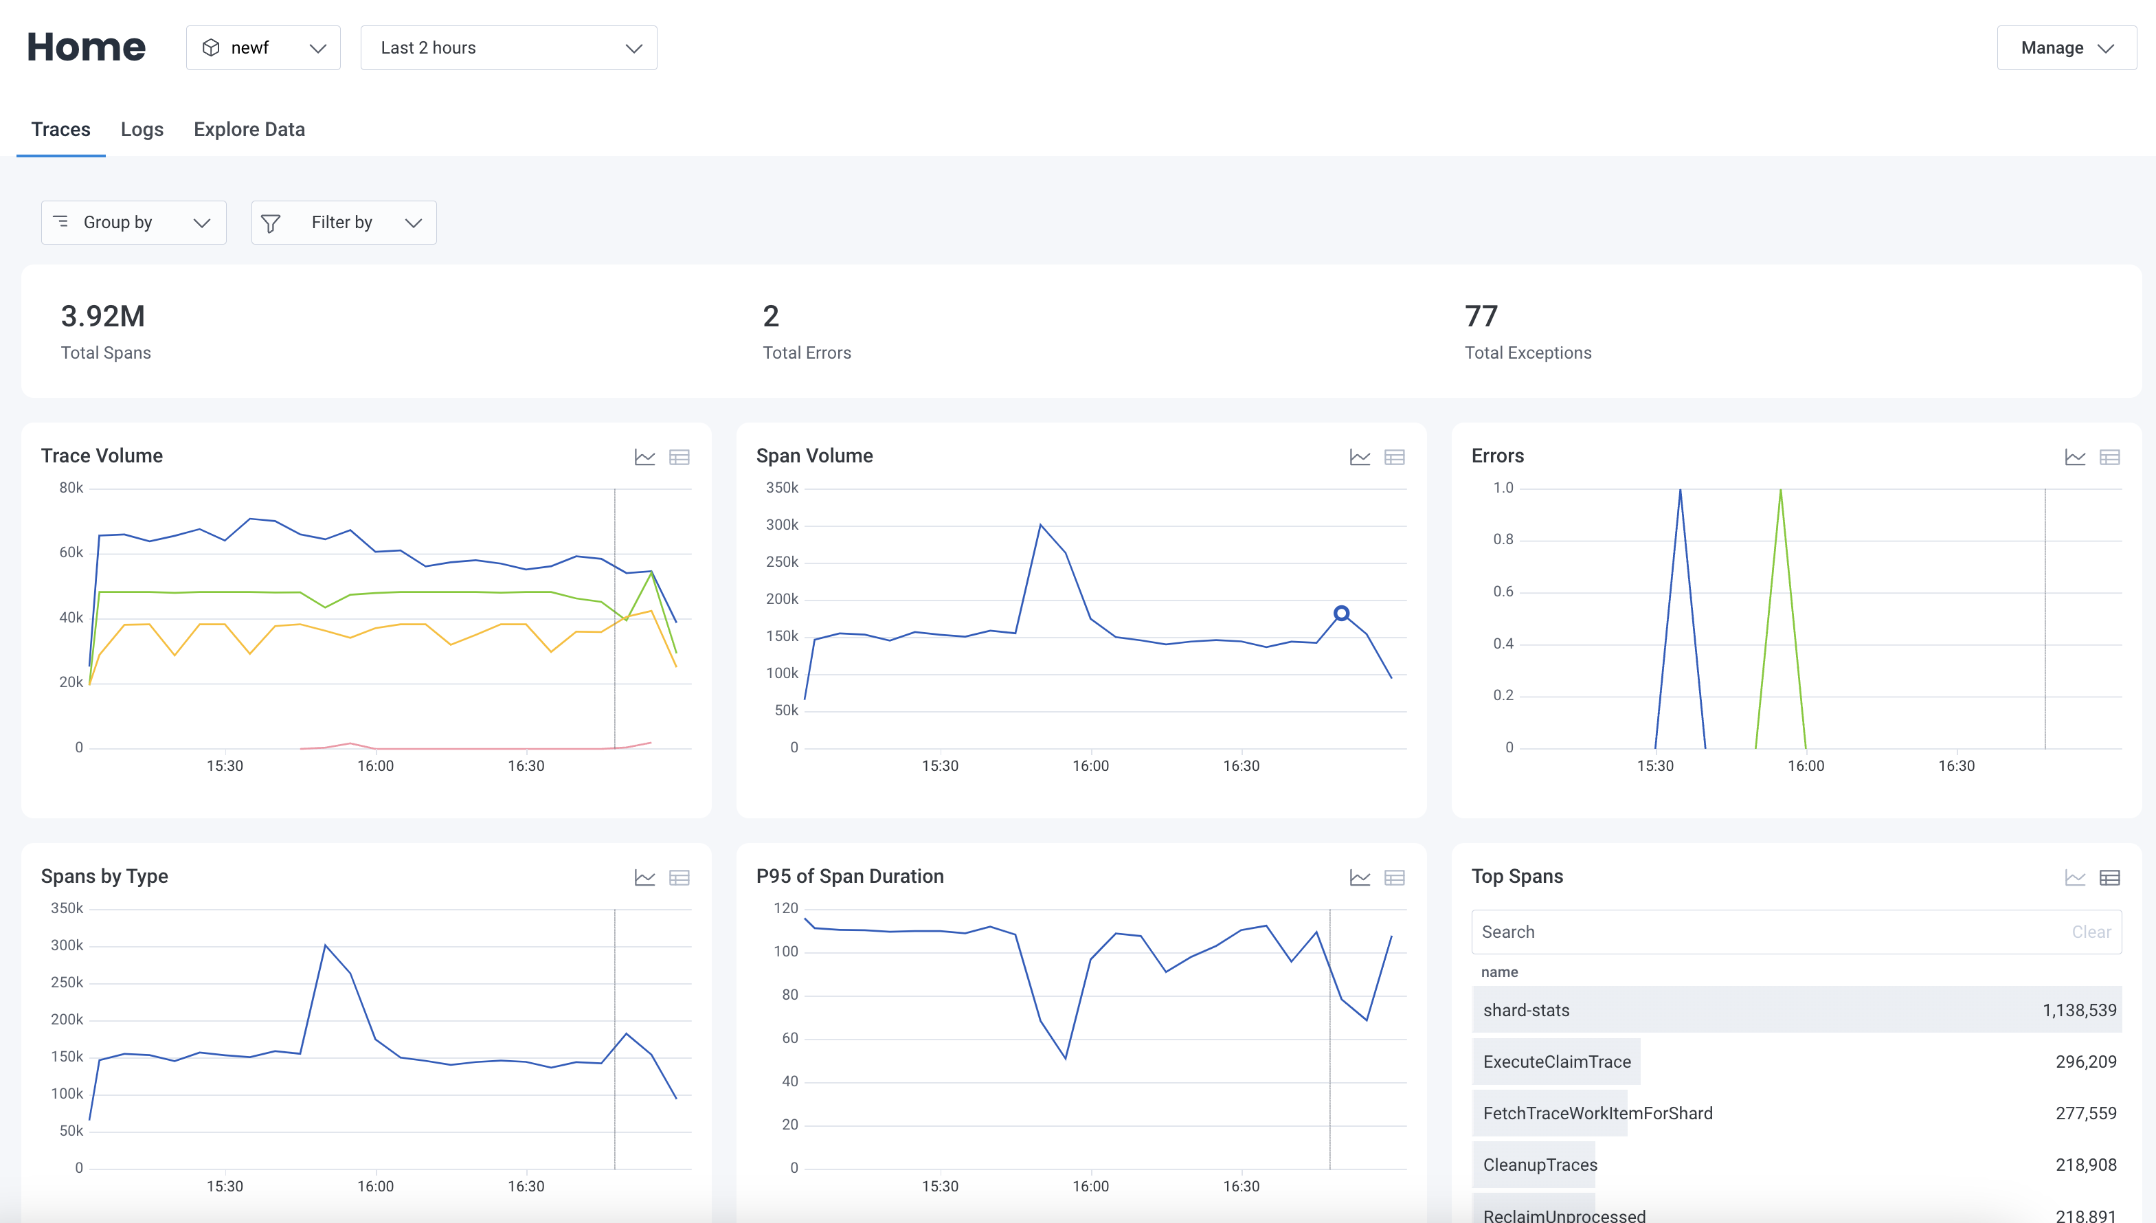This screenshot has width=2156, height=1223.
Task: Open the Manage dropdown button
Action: (2065, 48)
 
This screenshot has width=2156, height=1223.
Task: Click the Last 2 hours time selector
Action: (508, 48)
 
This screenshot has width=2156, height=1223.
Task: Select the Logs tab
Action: (142, 129)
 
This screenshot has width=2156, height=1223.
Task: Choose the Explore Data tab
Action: (249, 129)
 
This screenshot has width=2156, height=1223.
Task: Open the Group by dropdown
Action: (133, 223)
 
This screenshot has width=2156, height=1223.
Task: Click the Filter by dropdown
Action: (344, 223)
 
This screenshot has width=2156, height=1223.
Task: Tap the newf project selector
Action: (263, 48)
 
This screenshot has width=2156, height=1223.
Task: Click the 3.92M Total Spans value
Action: (102, 317)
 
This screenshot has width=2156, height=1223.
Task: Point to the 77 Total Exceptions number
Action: (1481, 317)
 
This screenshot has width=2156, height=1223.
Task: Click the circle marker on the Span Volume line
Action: (1341, 613)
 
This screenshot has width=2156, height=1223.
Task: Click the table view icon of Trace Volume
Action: (679, 457)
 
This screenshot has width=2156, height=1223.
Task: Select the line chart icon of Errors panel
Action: (2074, 457)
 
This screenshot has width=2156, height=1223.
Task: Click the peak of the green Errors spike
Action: (1781, 490)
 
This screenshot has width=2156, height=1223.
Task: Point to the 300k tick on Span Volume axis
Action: (781, 525)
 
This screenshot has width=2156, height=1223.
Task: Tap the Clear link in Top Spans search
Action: (2091, 932)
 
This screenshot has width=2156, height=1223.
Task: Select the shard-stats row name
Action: (1526, 1009)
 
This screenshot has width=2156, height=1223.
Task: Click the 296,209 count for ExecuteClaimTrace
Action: (2085, 1062)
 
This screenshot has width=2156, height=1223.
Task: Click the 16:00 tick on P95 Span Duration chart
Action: (1090, 1186)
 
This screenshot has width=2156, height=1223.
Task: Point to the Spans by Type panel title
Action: (104, 876)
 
